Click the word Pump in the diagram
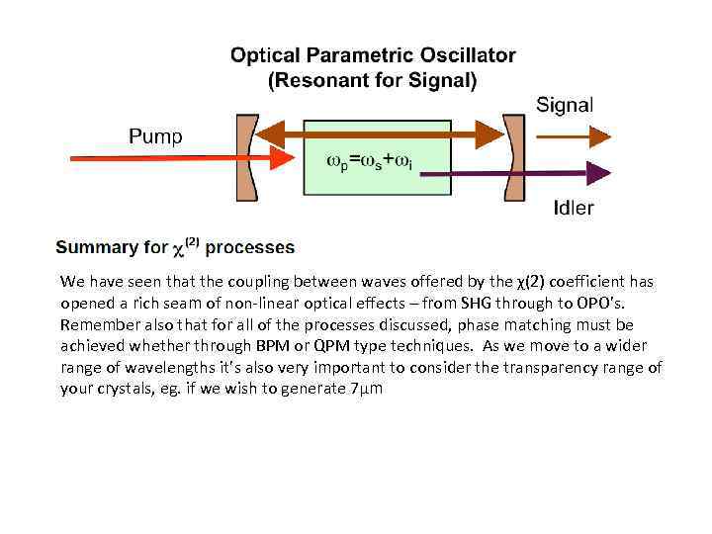pos(155,136)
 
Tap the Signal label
pos(565,105)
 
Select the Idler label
pos(574,208)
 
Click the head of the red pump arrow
pos(285,158)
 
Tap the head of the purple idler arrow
pos(599,173)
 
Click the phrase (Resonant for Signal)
pos(373,80)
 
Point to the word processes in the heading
pos(249,247)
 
